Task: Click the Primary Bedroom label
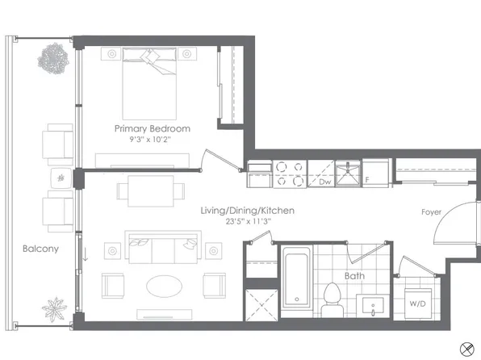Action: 153,128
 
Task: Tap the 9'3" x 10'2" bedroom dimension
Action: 153,140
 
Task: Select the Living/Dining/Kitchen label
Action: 247,211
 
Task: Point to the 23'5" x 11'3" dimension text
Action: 247,222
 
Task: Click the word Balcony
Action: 40,249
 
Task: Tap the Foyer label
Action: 430,212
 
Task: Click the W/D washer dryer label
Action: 418,304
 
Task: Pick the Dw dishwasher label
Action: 324,182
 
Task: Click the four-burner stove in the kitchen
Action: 291,174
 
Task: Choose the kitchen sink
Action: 349,173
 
